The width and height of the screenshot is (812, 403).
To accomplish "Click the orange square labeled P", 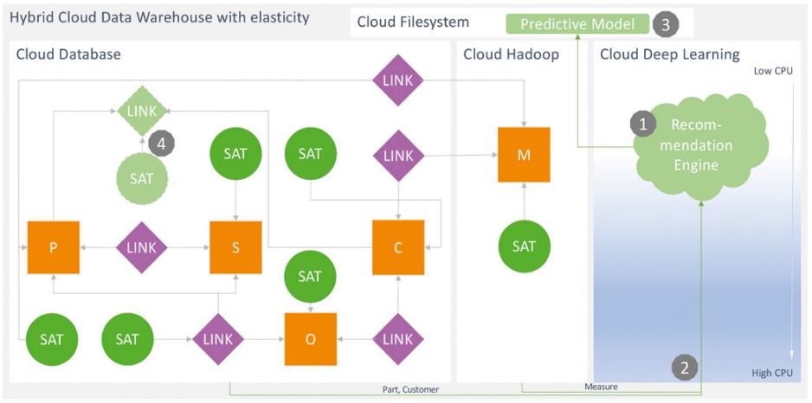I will [54, 247].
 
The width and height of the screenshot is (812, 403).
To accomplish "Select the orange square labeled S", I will [235, 247].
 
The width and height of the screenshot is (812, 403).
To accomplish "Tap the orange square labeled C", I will [398, 247].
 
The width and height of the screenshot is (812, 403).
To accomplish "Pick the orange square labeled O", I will [311, 338].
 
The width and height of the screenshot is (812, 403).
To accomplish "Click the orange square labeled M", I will [524, 155].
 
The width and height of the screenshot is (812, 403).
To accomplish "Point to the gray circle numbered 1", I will [642, 125].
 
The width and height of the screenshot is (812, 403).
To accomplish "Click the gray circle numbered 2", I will [685, 368].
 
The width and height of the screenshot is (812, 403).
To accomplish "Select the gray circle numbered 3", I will [665, 24].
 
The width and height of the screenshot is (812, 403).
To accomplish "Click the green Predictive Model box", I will [577, 24].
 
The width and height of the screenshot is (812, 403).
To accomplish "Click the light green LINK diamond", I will [142, 111].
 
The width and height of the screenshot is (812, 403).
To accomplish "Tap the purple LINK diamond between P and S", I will [142, 247].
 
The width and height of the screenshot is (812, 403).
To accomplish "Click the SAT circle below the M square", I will [524, 246].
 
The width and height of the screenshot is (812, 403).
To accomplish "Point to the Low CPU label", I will [773, 71].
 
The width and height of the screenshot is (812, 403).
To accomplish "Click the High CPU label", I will [772, 373].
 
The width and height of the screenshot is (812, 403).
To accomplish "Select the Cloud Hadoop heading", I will [511, 54].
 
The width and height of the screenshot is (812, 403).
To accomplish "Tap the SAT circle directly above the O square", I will [311, 277].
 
